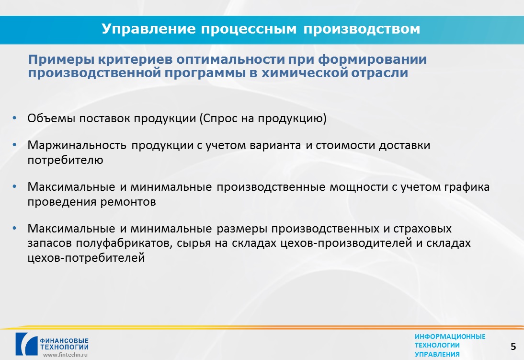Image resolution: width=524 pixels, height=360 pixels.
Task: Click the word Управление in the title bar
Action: pos(148,29)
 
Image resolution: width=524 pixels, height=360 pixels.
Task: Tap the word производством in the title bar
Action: pos(362,29)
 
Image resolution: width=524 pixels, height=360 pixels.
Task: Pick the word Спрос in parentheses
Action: pos(220,118)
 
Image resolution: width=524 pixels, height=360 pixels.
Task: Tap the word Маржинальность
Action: pos(77,145)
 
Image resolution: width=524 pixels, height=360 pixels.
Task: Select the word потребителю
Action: pos(65,160)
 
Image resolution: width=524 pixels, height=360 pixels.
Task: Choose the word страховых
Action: pos(422,229)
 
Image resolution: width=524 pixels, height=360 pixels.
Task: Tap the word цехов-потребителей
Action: pos(86,258)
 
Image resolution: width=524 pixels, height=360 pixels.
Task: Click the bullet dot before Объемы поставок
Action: pos(14,118)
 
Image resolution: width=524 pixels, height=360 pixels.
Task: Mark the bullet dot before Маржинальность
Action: pos(14,145)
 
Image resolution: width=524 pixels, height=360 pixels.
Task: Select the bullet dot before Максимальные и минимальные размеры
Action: pos(14,229)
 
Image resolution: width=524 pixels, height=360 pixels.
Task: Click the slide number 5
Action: pos(513,347)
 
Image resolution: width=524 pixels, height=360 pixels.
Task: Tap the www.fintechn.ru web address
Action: pos(65,355)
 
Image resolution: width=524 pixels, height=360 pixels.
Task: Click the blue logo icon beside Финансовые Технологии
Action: pos(26,344)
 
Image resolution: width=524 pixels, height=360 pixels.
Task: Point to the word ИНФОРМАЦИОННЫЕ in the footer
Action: pos(450,337)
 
